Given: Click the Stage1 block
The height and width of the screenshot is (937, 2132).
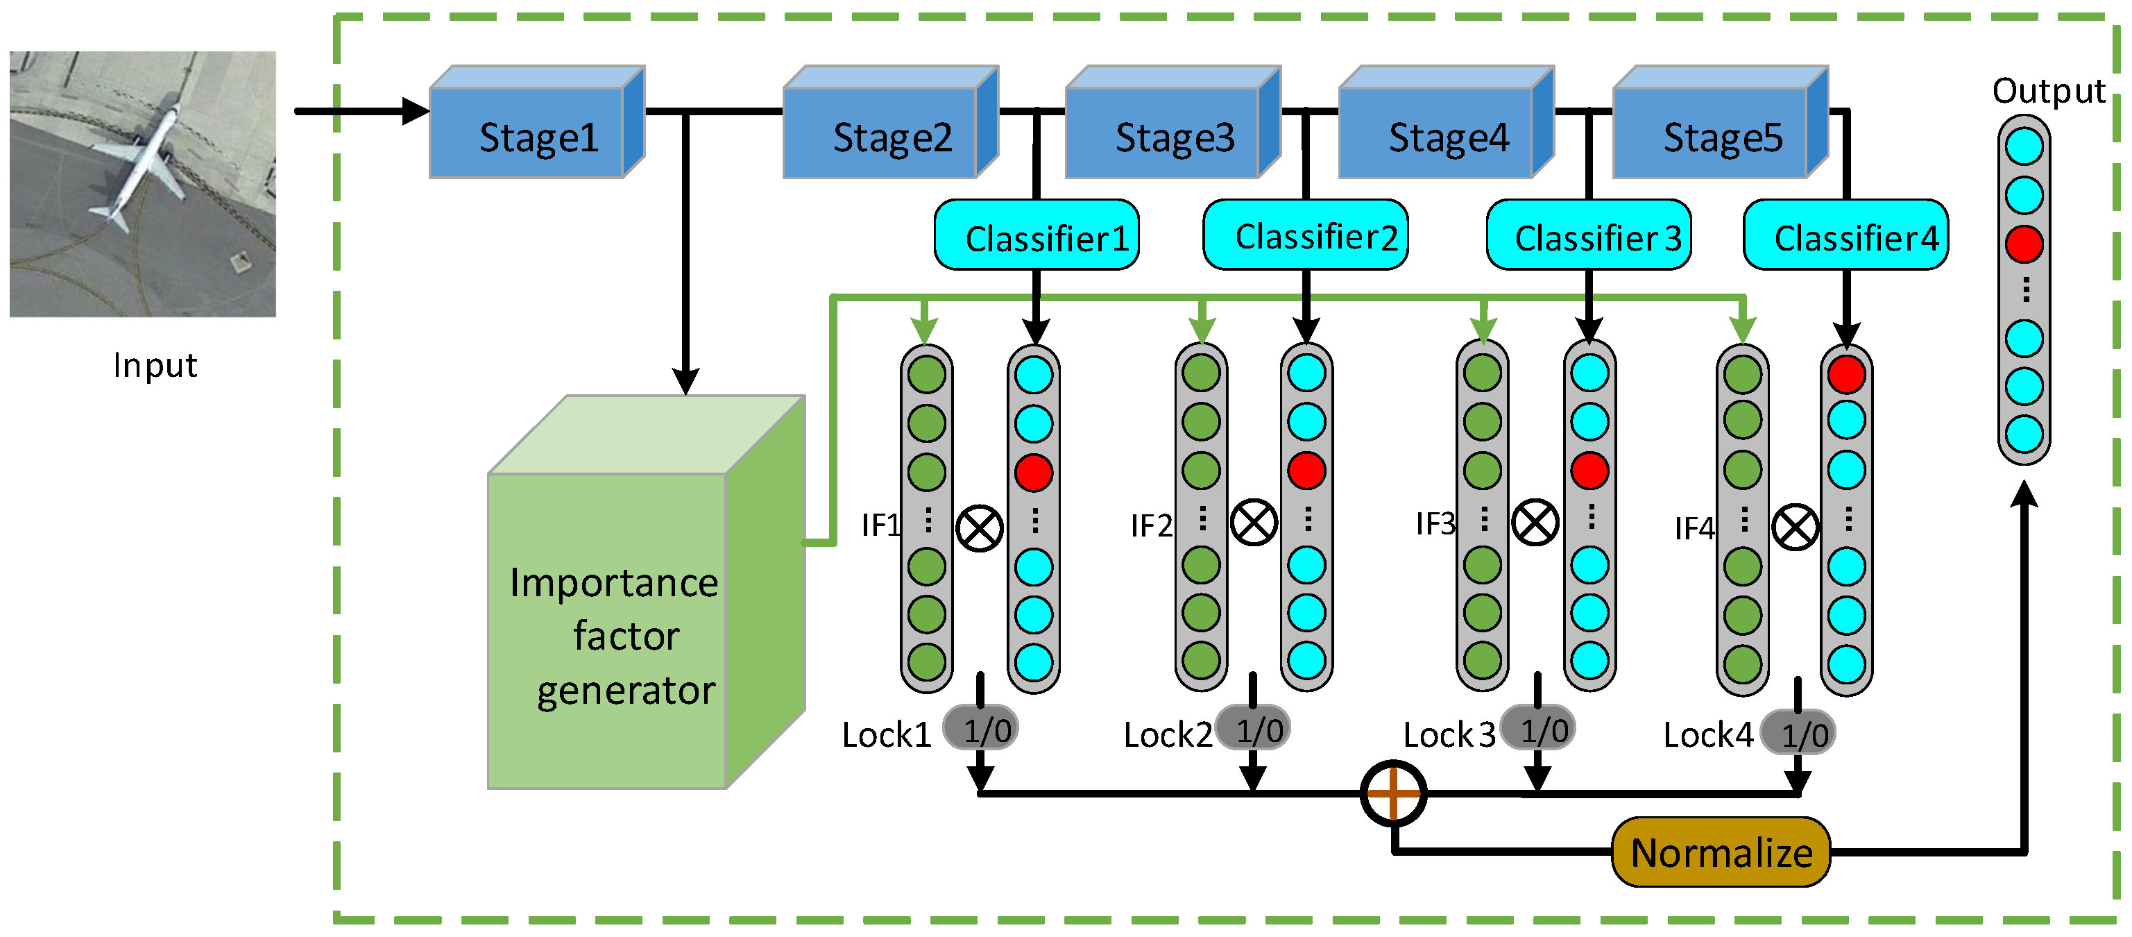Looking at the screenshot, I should point(536,133).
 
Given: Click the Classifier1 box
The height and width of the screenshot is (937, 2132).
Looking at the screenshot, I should point(1037,236).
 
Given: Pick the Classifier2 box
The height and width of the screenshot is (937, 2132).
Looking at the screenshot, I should point(1305,235).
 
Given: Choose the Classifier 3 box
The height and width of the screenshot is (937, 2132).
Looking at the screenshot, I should point(1588,236).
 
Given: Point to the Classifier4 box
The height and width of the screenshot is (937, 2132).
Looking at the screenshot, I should point(1845,236).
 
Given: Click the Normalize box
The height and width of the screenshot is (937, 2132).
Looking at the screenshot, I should point(1721,852).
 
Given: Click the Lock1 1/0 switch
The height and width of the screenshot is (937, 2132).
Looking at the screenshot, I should point(982,729).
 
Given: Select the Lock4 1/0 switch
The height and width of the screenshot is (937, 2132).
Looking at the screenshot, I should point(1798,734).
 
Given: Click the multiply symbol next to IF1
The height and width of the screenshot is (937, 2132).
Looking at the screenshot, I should point(979,528).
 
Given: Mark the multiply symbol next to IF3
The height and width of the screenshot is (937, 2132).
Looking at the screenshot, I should point(1535,523).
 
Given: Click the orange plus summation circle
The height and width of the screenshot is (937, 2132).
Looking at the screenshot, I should point(1393,793).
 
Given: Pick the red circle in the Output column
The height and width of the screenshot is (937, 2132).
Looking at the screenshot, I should point(2024,244).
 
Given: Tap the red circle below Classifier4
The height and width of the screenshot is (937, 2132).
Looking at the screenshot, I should point(1845,375).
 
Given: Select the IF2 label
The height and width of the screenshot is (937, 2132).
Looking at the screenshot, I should point(1151,525).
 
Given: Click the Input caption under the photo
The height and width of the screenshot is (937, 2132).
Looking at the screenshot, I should point(155,365).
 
